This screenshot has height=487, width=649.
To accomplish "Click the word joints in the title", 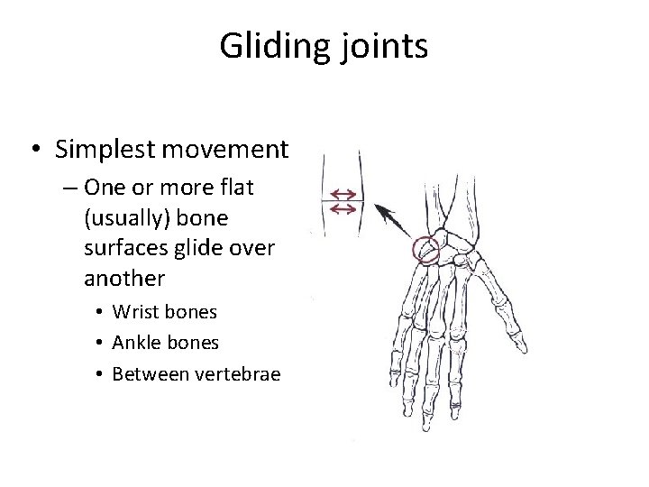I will [x=382, y=46].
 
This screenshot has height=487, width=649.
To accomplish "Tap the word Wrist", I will [x=134, y=312].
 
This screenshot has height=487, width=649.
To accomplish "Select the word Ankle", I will [x=135, y=344].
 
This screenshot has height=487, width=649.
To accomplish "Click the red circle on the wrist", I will [x=425, y=250].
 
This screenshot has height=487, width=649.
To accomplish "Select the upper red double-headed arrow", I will [x=343, y=194].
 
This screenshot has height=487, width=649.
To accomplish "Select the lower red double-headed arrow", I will [x=343, y=209].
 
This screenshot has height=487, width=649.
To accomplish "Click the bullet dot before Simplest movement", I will [x=34, y=150].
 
